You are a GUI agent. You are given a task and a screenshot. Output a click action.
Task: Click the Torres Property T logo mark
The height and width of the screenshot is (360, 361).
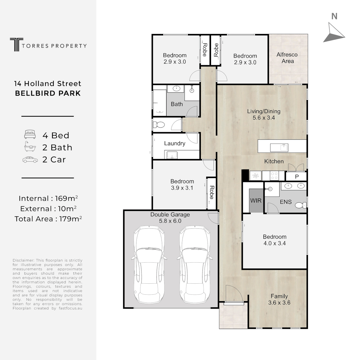pos(17,45)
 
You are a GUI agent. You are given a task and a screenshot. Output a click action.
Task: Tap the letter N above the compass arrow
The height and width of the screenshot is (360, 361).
pos(334,16)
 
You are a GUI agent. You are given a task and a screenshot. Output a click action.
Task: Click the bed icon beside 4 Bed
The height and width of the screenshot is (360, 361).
pos(30,135)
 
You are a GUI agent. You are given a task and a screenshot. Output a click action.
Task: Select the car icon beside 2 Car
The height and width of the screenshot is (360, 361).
pos(30,160)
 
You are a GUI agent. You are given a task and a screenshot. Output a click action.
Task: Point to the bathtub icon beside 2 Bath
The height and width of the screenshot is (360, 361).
pos(30,147)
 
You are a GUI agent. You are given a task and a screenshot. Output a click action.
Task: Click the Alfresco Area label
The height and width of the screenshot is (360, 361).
pos(287,58)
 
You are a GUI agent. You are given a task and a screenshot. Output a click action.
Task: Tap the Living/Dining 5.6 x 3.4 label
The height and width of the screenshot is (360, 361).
pos(264,114)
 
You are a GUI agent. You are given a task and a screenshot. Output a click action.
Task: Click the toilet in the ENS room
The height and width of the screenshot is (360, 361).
pos(301,205)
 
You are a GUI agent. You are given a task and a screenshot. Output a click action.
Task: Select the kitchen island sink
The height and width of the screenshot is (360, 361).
pos(279,147)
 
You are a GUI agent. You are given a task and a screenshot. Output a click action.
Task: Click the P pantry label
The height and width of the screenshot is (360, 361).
pos(297,177)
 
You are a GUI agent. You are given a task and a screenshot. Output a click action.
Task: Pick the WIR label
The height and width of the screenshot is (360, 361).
pos(256,201)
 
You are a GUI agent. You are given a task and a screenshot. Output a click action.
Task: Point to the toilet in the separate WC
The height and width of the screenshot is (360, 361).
pos(158,125)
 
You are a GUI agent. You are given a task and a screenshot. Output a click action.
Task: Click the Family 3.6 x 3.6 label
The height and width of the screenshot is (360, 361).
pos(279,299)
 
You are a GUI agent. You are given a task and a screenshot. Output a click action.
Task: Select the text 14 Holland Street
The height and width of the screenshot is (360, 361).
pos(48,83)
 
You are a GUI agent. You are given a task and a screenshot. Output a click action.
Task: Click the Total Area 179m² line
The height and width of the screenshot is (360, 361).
pos(48,219)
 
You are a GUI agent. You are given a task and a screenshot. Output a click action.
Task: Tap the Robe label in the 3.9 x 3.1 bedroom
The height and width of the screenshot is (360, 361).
pos(212,193)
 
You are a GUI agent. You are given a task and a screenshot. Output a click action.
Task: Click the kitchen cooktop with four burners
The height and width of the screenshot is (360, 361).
pos(274,176)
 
